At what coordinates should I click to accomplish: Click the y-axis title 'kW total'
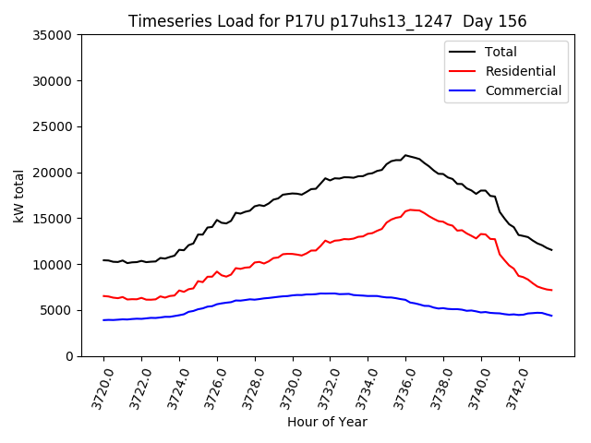click(19, 196)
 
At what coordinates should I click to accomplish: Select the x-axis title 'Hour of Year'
click(327, 422)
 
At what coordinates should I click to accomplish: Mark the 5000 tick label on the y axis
click(57, 310)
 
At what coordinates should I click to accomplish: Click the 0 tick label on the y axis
click(69, 356)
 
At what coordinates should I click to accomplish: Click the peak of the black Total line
click(405, 155)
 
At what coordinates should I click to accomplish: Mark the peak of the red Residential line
click(411, 210)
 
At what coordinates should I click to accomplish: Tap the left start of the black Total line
click(103, 260)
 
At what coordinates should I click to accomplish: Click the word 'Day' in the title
click(467, 21)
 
